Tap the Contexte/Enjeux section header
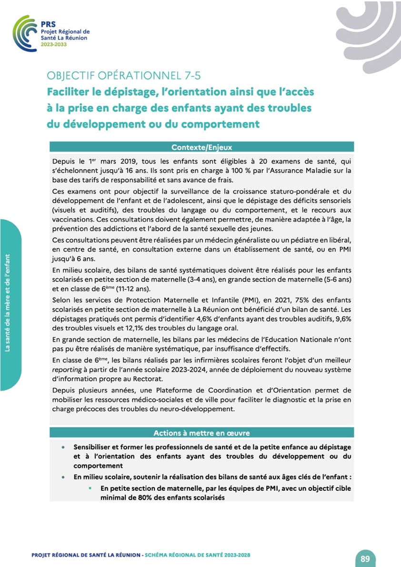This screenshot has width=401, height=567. (x=201, y=147)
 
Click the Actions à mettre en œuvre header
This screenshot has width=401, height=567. (x=201, y=433)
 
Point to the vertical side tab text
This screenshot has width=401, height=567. (x=8, y=305)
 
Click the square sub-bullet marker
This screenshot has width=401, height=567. (x=90, y=488)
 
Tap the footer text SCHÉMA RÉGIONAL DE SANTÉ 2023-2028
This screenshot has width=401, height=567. (x=197, y=555)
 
